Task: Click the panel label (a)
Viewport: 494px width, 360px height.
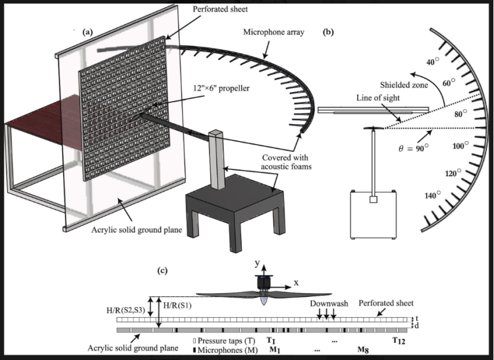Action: point(87,32)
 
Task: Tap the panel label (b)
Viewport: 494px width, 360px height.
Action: point(329,32)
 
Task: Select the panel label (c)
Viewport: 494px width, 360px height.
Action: point(162,271)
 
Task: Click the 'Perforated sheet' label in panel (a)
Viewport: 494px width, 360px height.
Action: point(220,9)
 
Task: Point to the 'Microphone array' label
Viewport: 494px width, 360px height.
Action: point(274,32)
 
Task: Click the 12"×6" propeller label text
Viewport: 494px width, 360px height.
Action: point(221,88)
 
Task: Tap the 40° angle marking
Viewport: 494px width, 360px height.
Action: point(433,62)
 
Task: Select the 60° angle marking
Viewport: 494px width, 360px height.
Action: point(449,83)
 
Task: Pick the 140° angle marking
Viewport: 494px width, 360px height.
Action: point(432,195)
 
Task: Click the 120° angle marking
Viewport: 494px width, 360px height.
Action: point(453,173)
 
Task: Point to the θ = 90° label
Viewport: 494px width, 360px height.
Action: point(414,148)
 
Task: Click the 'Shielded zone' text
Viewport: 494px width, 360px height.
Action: point(404,84)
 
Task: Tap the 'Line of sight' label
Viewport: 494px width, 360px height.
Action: point(378,98)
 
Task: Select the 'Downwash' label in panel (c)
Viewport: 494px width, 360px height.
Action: point(329,303)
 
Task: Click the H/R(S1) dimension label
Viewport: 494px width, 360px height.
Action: point(177,305)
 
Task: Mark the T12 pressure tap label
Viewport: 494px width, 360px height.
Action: point(399,340)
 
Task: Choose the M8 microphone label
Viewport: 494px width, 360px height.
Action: point(363,350)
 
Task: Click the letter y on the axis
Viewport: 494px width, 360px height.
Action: point(258,264)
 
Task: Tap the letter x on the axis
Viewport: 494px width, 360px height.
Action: point(296,283)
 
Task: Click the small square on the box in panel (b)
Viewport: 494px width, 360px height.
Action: point(373,199)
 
